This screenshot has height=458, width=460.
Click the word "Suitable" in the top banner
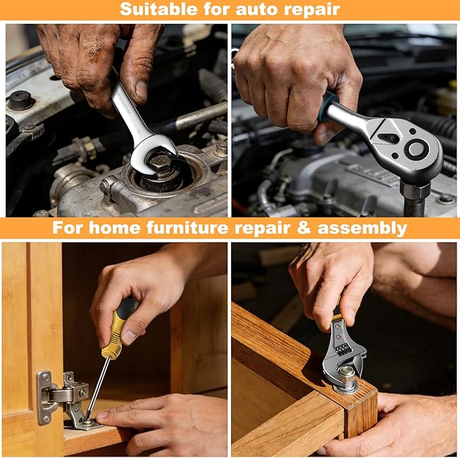[x=159, y=9]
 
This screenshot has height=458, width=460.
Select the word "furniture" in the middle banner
[x=187, y=228]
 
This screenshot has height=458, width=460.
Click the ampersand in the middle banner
[x=304, y=228]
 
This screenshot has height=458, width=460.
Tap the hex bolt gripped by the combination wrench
[x=160, y=164]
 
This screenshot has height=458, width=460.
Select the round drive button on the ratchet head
[x=416, y=149]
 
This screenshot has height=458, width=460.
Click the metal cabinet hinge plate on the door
[x=44, y=398]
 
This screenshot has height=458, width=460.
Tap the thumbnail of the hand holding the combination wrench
[x=141, y=91]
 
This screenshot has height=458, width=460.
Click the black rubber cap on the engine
[x=20, y=101]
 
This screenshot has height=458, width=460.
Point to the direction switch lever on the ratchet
[x=388, y=138]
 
